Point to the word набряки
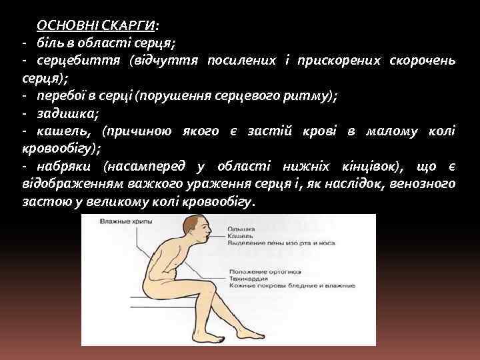[66, 165]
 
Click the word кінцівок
[371, 165]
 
